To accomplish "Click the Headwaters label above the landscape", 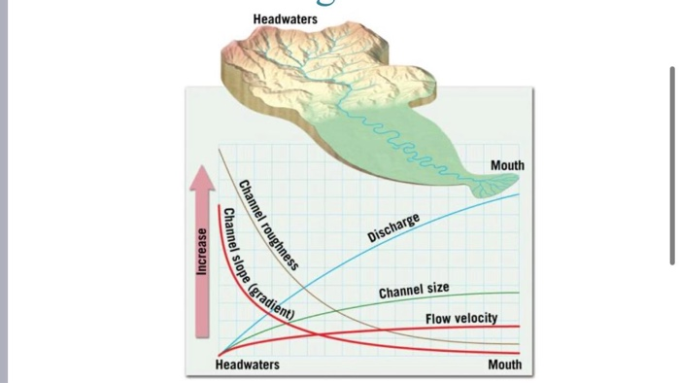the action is [x=285, y=19].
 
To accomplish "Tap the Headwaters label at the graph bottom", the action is [x=247, y=365].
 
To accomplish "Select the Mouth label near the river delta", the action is [x=507, y=165].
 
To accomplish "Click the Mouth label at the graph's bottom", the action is [x=504, y=365].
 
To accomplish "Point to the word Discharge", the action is [x=393, y=227].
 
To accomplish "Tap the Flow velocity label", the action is [x=460, y=318].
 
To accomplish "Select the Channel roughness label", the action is [x=268, y=225].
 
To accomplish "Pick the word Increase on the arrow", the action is [x=202, y=251].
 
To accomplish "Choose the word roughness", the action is [x=280, y=244].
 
